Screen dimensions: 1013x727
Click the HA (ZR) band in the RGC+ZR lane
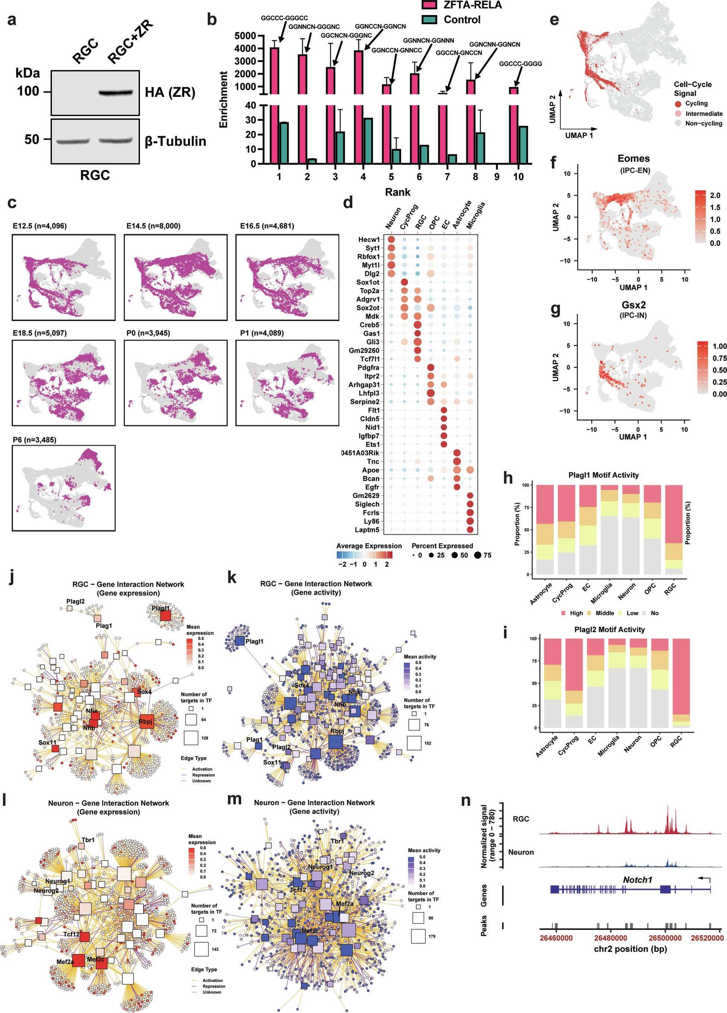116,92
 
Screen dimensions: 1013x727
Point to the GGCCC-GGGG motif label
520,64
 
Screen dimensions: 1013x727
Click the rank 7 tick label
447,177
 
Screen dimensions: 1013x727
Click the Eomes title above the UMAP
633,159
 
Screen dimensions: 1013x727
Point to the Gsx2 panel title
633,305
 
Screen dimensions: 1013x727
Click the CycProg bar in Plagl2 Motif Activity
574,683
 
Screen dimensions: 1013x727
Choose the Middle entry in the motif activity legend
600,613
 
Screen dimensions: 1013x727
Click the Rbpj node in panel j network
146,721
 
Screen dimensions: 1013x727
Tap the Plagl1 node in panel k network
239,641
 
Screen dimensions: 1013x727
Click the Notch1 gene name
637,880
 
